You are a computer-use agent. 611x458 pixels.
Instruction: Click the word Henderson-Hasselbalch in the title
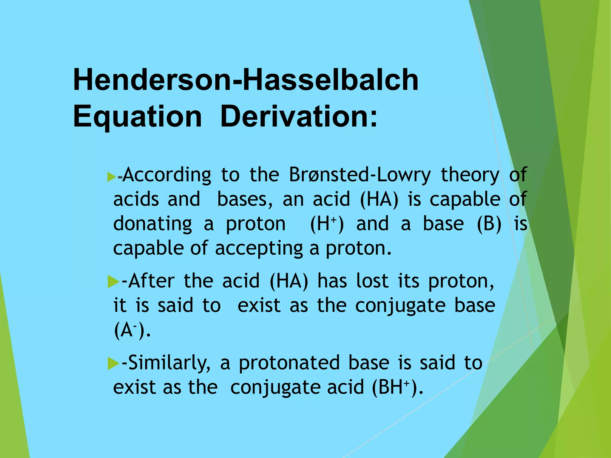[246, 80]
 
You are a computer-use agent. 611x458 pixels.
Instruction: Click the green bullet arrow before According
[111, 177]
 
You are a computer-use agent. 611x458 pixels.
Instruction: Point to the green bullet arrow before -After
[113, 281]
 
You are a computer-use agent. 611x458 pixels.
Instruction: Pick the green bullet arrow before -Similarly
[113, 363]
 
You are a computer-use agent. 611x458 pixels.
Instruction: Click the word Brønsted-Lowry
[360, 175]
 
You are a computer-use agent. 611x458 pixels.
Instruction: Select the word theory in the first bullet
[470, 175]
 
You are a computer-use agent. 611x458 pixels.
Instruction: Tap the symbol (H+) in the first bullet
[327, 224]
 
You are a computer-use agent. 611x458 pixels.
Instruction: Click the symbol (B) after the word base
[489, 224]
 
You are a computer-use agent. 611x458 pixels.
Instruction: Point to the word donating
[152, 224]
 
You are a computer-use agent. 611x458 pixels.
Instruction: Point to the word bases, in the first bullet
[245, 199]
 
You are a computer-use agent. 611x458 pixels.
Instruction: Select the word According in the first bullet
[167, 175]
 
